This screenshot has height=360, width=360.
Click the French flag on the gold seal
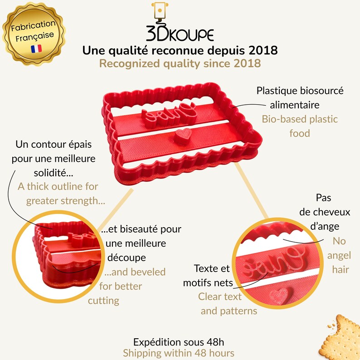(x=36, y=49)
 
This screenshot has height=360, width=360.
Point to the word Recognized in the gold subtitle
(x=130, y=63)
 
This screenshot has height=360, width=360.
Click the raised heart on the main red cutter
(x=183, y=136)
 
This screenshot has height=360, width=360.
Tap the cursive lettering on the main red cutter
(x=169, y=113)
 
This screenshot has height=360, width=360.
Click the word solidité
(x=53, y=173)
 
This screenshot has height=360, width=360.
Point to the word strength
(x=83, y=201)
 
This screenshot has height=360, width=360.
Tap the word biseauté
(x=131, y=229)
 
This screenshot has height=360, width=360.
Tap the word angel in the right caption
(x=339, y=256)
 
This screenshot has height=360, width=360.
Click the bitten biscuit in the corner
(x=340, y=337)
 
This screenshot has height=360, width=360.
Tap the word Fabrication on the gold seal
(x=33, y=26)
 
